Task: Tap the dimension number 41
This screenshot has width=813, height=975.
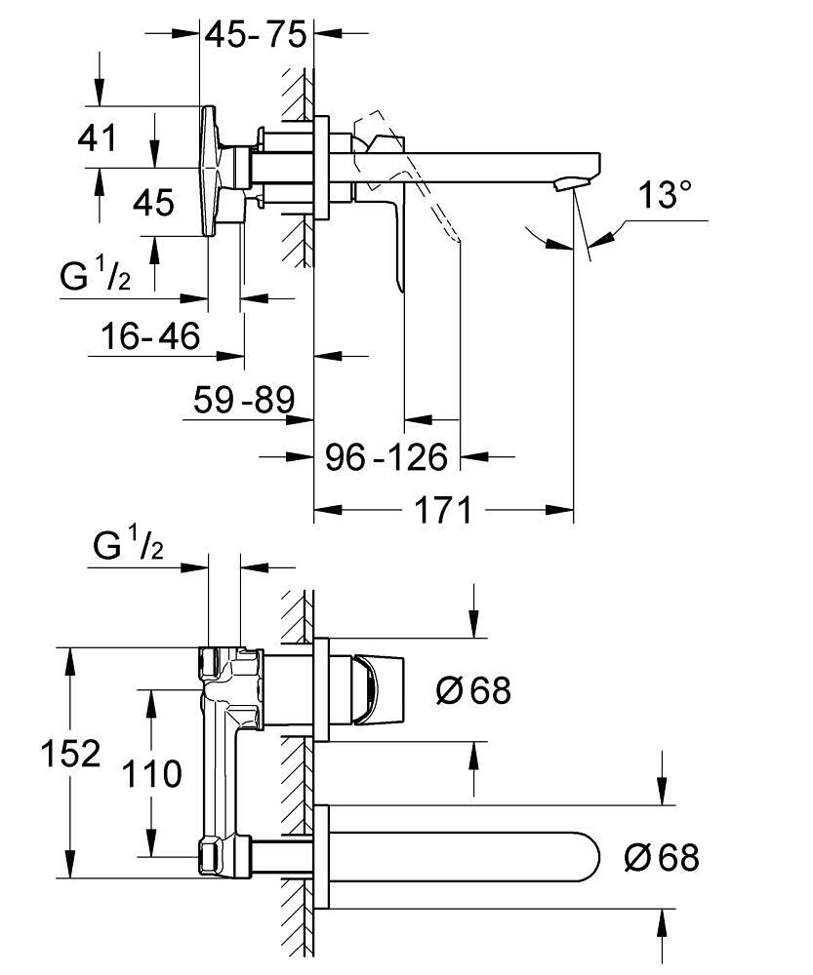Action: click(x=98, y=136)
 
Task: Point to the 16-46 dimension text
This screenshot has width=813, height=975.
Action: click(x=150, y=336)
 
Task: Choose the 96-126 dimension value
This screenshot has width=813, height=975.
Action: click(x=386, y=455)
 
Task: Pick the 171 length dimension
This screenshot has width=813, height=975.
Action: click(x=443, y=509)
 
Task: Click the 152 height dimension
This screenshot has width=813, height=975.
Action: click(x=68, y=753)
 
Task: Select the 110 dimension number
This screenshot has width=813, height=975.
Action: click(x=152, y=774)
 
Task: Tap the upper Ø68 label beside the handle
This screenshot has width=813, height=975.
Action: click(x=473, y=691)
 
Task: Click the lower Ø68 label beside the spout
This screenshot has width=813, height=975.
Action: click(x=662, y=858)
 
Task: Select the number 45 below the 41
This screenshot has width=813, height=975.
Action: click(x=153, y=203)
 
